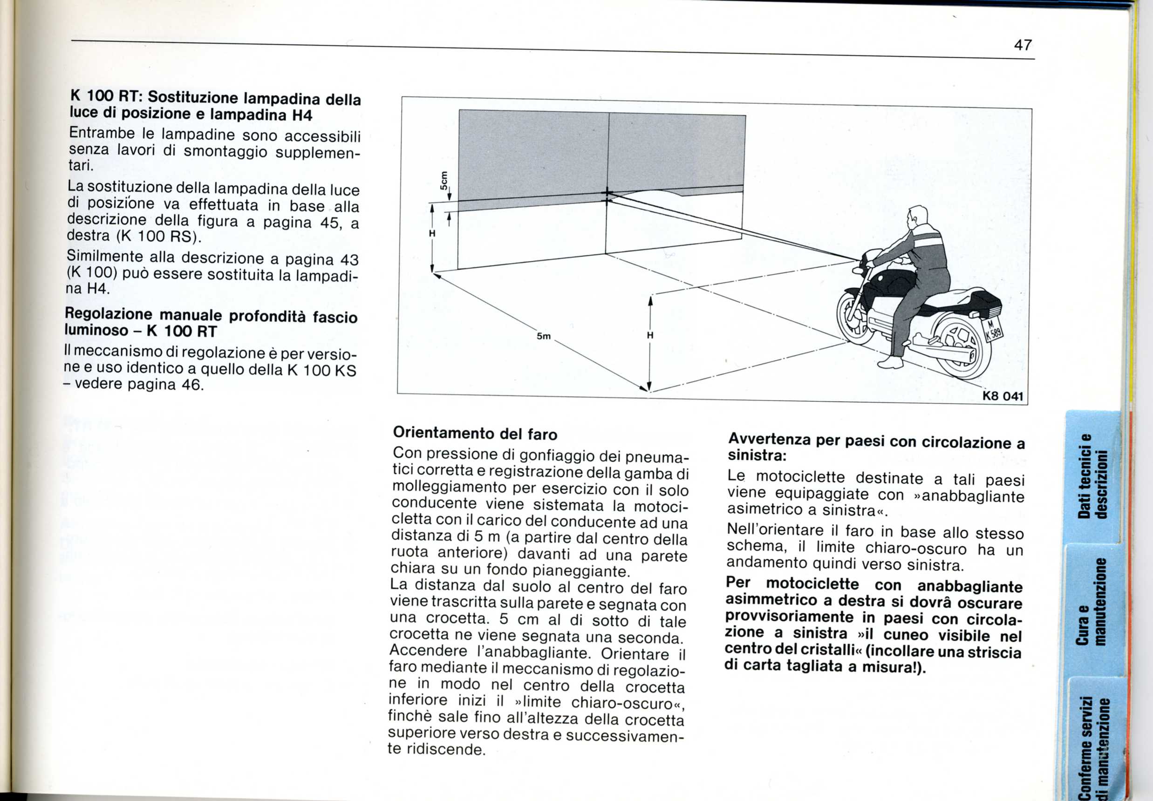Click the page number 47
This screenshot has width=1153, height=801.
(1023, 45)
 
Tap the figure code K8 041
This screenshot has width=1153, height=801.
(1002, 396)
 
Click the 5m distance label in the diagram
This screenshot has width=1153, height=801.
(544, 336)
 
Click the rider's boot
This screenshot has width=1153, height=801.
(890, 362)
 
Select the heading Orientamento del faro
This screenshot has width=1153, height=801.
(475, 433)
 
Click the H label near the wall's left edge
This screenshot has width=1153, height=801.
(432, 233)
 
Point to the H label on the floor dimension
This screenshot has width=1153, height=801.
(649, 335)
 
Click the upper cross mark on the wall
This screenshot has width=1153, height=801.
(607, 193)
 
